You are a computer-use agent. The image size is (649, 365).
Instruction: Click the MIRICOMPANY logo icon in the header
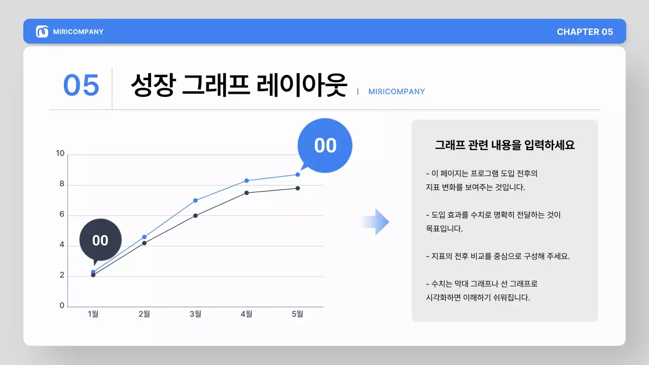click(x=42, y=31)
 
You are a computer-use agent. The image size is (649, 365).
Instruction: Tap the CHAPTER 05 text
click(x=585, y=32)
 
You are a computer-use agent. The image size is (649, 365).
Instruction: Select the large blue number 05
click(x=81, y=85)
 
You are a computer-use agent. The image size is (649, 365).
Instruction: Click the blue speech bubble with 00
click(x=325, y=145)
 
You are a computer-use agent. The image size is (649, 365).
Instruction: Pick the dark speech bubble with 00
click(x=100, y=240)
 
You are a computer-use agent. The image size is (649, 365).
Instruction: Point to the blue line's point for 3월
click(x=195, y=200)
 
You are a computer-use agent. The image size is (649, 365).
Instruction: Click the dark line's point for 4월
click(x=246, y=193)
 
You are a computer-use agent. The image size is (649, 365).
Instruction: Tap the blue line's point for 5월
click(x=298, y=174)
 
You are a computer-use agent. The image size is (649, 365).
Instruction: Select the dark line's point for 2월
click(x=144, y=243)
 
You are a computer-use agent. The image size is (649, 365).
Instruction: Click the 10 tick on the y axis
click(x=60, y=154)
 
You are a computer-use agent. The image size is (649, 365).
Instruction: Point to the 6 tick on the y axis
click(x=62, y=214)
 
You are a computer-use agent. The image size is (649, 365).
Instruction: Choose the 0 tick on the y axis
click(x=62, y=305)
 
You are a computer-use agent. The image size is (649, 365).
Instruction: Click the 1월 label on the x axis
click(x=93, y=314)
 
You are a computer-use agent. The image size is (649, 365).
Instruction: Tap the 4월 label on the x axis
click(x=246, y=314)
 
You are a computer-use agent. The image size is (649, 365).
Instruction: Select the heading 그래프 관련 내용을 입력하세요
click(x=504, y=145)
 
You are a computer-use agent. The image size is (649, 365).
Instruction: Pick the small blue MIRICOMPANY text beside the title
click(x=396, y=92)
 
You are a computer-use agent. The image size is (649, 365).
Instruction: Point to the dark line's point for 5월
click(x=298, y=188)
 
